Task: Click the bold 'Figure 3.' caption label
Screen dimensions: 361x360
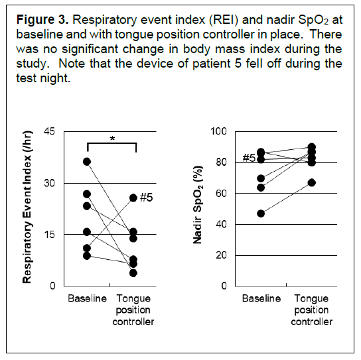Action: tap(42, 20)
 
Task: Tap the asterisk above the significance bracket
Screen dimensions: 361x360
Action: tap(112, 139)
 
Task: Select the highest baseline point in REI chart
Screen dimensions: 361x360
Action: tap(87, 162)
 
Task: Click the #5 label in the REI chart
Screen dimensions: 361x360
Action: tap(147, 198)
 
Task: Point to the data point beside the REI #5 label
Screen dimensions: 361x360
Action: tap(133, 198)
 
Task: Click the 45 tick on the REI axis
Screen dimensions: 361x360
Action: tap(50, 131)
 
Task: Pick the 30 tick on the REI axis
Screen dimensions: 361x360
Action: tap(50, 183)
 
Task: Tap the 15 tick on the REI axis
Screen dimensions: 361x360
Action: tap(50, 235)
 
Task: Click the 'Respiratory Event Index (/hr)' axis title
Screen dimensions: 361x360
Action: tap(27, 207)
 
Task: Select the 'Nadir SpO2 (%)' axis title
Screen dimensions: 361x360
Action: tap(198, 204)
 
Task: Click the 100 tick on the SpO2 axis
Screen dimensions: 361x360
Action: tap(218, 131)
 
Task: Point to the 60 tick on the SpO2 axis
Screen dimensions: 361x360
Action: tap(221, 194)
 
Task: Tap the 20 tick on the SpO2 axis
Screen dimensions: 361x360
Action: tap(221, 255)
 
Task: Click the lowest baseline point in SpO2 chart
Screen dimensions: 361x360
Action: tap(261, 213)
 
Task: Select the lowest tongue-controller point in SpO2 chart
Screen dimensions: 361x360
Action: tap(312, 183)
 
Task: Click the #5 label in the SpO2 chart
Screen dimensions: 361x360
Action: tap(249, 158)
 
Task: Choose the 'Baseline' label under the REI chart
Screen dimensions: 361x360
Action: tap(87, 298)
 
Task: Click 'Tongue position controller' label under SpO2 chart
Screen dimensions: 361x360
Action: tap(312, 310)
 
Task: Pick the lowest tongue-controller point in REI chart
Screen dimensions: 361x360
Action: tap(133, 273)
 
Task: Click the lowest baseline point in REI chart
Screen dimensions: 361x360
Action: tap(87, 256)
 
